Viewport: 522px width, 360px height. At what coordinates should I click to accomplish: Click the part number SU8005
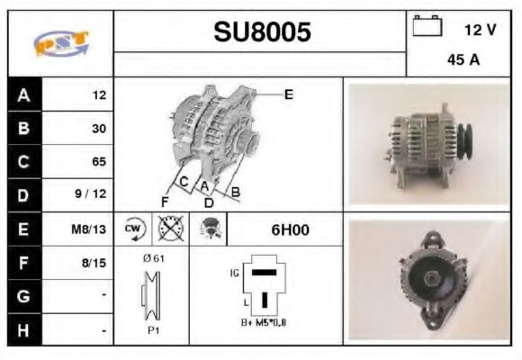[x=262, y=32]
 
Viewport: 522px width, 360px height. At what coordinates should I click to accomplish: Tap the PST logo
[x=61, y=43]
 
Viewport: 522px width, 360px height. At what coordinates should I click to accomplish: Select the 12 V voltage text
[x=480, y=30]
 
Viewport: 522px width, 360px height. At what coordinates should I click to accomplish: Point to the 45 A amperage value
[x=463, y=60]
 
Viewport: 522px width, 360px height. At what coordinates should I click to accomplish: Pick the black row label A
[x=24, y=95]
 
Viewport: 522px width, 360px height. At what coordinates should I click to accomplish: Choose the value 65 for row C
[x=99, y=161]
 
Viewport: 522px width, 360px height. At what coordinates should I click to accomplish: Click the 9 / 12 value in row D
[x=91, y=193]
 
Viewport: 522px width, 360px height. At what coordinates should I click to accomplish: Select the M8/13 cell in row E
[x=88, y=229]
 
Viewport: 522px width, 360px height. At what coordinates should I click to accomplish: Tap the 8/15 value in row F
[x=94, y=263]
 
